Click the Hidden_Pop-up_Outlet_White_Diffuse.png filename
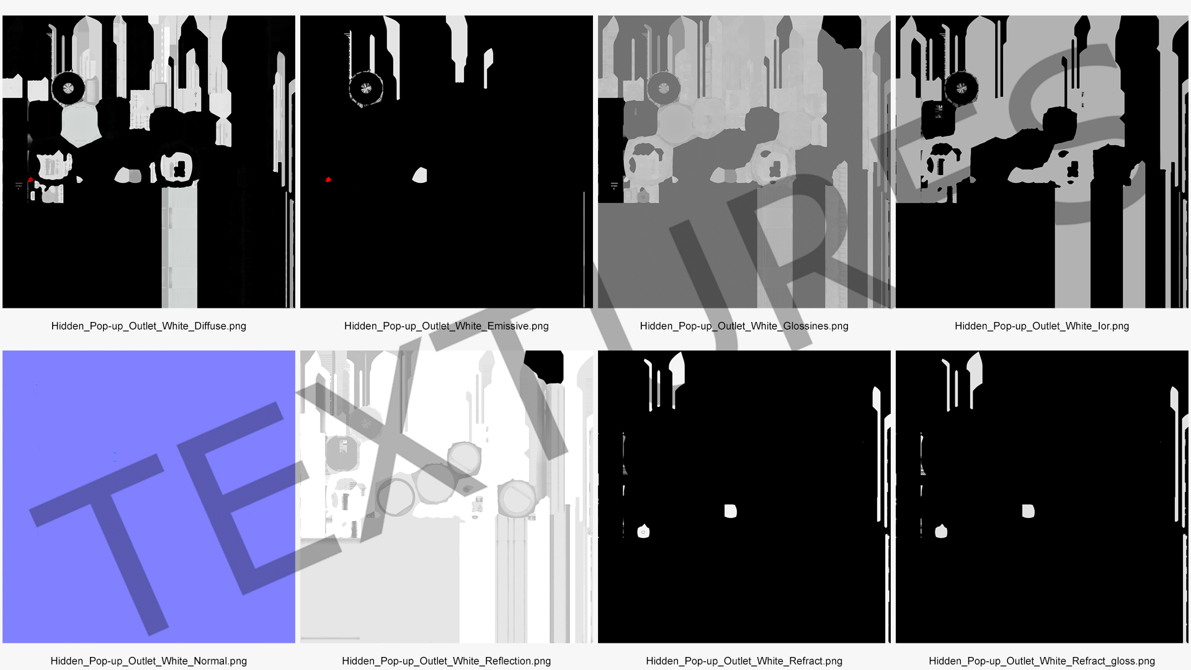(149, 326)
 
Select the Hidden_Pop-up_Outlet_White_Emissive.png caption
(447, 326)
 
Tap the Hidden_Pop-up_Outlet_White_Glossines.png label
(744, 326)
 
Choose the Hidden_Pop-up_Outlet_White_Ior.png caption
(1042, 326)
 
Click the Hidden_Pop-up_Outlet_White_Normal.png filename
(149, 661)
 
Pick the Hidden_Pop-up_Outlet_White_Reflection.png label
(447, 661)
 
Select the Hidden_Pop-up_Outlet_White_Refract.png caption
(744, 661)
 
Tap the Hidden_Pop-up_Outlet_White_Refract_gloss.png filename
(1042, 661)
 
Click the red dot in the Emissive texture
(329, 180)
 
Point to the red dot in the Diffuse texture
(30, 180)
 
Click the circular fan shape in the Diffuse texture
(68, 88)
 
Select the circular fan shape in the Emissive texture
(366, 88)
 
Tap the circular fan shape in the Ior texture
(961, 88)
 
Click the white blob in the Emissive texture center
(420, 176)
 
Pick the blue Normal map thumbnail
(149, 497)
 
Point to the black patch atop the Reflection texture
(544, 366)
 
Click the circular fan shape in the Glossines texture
(664, 88)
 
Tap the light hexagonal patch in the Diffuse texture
(80, 124)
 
